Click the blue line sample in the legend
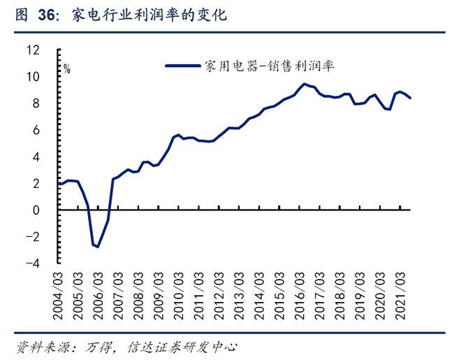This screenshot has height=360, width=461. point(184,66)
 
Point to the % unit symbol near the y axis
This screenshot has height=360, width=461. point(67,69)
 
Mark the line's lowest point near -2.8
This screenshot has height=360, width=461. point(98,247)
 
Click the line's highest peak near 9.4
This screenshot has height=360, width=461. point(304,84)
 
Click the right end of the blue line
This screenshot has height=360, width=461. point(410,98)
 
